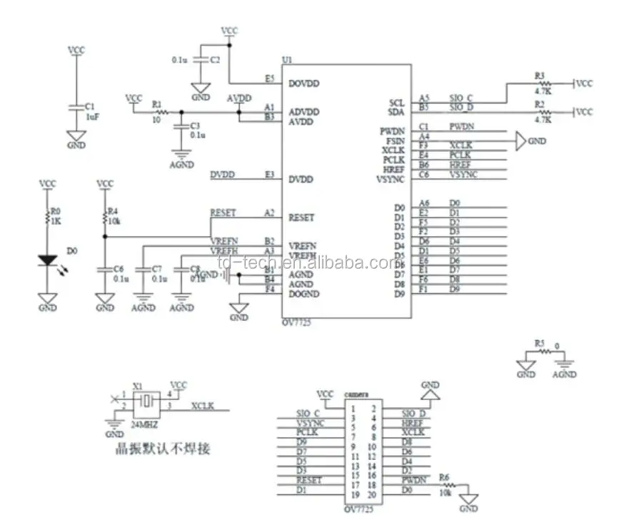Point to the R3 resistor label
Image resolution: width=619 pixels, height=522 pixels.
(539, 75)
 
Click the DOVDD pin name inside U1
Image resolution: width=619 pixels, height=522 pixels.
(303, 83)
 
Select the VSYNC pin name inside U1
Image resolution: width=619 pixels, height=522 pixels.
(393, 179)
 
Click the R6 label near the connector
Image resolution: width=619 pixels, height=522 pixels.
(445, 477)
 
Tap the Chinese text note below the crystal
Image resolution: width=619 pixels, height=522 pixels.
(163, 450)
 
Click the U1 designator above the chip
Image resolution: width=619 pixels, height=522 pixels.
(287, 59)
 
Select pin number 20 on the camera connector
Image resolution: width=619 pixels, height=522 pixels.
(371, 495)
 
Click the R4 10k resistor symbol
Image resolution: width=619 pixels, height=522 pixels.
(105, 217)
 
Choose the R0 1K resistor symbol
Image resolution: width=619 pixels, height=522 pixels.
(49, 217)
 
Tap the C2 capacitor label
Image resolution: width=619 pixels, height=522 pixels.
(215, 61)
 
